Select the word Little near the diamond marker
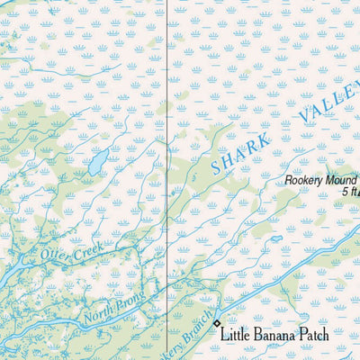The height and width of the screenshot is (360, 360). pos(239,335)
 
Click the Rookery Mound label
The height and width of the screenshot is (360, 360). pos(321,178)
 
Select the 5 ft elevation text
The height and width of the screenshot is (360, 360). pos(350,191)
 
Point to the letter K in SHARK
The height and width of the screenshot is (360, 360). pos(262,140)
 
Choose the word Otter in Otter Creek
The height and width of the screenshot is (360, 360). pos(54,256)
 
